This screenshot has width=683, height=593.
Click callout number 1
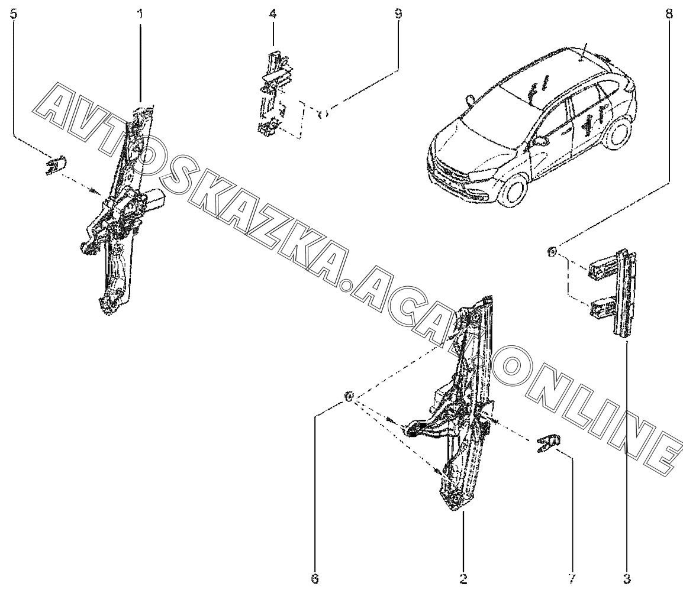[140, 14]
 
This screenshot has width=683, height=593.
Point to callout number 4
[273, 14]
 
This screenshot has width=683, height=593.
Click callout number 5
[14, 14]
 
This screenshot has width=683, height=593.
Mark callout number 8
[669, 14]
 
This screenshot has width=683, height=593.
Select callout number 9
[398, 14]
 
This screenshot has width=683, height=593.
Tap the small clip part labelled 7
[549, 443]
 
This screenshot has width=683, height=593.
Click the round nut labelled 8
[552, 253]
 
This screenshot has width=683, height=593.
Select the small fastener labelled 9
[324, 113]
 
